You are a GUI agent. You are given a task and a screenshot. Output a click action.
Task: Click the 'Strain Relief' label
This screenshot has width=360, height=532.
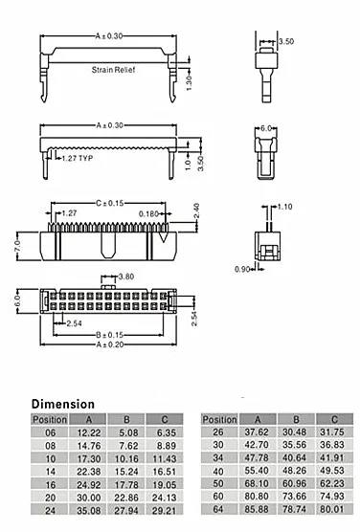pyautogui.click(x=113, y=70)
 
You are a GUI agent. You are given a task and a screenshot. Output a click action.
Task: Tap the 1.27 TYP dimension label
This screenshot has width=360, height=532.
pyautogui.click(x=78, y=158)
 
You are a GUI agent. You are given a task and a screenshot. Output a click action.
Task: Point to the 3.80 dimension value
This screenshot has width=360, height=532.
pyautogui.click(x=126, y=277)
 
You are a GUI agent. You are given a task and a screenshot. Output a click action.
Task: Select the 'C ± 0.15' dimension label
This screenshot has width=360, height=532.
pyautogui.click(x=110, y=203)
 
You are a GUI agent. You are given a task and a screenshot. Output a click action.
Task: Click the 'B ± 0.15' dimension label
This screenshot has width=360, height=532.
pyautogui.click(x=109, y=335)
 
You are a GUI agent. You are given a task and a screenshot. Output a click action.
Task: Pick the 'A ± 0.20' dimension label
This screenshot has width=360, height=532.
pyautogui.click(x=110, y=344)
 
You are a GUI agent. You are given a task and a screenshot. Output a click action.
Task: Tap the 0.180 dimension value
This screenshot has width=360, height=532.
pyautogui.click(x=148, y=214)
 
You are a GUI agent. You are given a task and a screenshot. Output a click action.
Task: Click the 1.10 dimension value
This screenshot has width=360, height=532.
pyautogui.click(x=284, y=207)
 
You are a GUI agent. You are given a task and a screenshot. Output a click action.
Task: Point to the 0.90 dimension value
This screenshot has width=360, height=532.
pyautogui.click(x=242, y=270)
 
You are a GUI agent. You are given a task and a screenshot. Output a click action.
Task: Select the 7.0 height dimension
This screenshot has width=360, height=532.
pyautogui.click(x=18, y=246)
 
